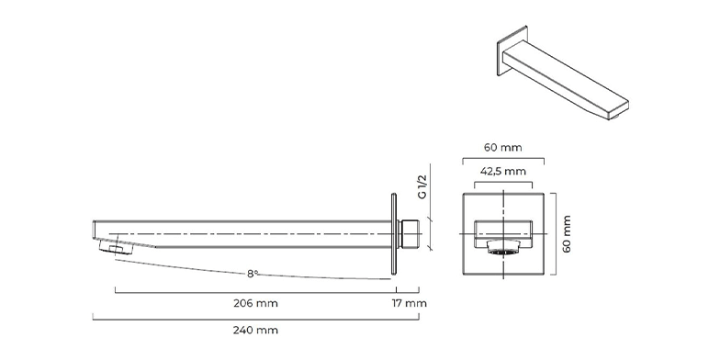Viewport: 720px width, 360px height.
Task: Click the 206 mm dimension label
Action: click(x=255, y=303)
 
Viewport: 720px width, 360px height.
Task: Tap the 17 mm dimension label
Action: click(x=410, y=303)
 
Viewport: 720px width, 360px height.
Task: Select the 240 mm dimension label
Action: click(x=255, y=330)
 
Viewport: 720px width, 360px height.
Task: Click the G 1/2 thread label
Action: click(x=422, y=186)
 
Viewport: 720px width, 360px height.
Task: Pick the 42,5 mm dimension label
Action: click(x=503, y=171)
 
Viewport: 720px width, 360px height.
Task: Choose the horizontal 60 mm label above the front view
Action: click(x=503, y=147)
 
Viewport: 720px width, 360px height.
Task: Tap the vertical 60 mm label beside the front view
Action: click(x=567, y=233)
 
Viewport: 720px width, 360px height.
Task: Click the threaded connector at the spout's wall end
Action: click(x=410, y=233)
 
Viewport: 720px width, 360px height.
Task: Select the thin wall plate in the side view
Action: click(x=393, y=233)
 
